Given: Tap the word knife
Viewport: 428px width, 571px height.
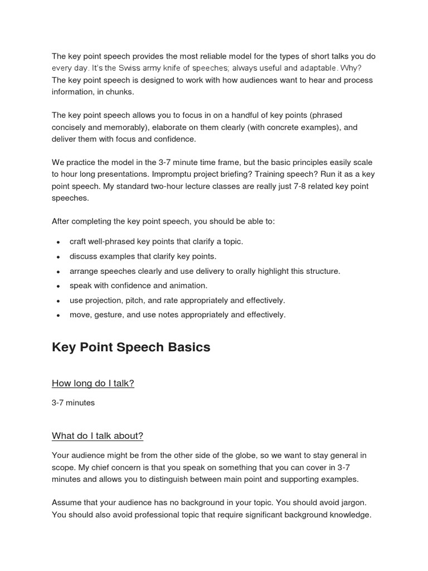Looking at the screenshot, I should click(179, 68).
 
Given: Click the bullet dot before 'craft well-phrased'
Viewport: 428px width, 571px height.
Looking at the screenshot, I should click(59, 243).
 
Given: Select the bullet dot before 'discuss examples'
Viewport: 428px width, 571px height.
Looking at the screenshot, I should click(59, 257).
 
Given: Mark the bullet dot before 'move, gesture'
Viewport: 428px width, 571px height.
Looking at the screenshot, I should click(59, 315).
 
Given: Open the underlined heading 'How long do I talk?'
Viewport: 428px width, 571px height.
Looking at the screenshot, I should click(93, 383).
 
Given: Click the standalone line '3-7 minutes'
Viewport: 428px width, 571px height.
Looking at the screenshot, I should click(73, 403).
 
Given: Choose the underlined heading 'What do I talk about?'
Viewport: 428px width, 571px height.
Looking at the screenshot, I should click(98, 435).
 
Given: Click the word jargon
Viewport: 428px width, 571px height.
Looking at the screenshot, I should click(351, 503).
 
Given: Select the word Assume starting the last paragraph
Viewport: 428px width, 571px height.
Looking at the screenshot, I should click(67, 503).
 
